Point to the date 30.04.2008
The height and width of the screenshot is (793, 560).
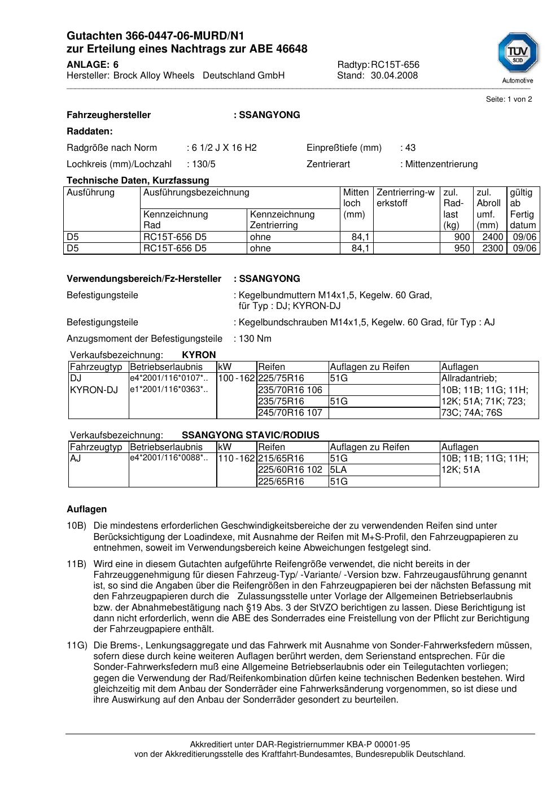394,76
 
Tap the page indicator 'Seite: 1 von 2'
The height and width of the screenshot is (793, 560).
509,99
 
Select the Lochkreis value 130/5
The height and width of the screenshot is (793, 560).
203,164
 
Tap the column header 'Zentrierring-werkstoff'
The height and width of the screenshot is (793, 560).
405,198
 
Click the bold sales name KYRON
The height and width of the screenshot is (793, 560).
199,355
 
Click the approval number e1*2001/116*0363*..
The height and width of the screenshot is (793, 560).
169,390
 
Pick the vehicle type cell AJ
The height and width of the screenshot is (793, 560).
76,459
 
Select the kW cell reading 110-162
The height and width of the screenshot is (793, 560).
236,459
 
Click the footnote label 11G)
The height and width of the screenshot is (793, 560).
76,646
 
